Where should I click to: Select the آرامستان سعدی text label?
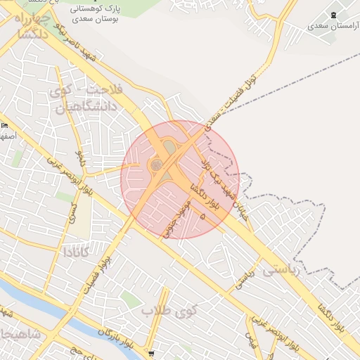pos(332,26)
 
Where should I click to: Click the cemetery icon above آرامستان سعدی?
pos(333,15)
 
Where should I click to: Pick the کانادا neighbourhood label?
pos(77,252)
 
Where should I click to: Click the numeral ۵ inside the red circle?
pos(204,218)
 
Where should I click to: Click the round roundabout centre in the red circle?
pos(156,165)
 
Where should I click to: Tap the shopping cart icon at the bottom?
pos(152,354)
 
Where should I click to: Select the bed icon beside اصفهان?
pos(5,125)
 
